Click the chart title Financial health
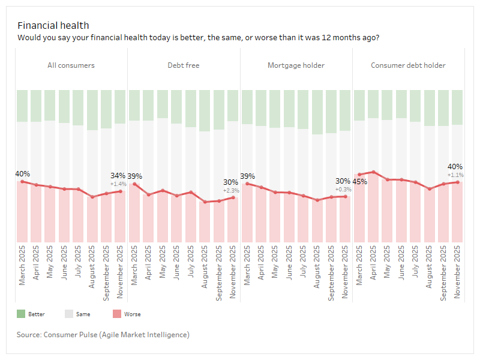pyautogui.click(x=53, y=25)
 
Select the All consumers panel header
pyautogui.click(x=71, y=65)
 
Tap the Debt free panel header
pyautogui.click(x=184, y=65)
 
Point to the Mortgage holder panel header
pyautogui.click(x=296, y=65)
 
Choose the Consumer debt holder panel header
pyautogui.click(x=408, y=65)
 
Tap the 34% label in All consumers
pyautogui.click(x=118, y=176)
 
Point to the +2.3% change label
pyautogui.click(x=231, y=190)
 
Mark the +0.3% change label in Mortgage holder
pyautogui.click(x=343, y=189)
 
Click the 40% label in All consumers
pyautogui.click(x=23, y=174)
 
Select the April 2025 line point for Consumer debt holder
pyautogui.click(x=374, y=172)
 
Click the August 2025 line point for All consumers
pyautogui.click(x=92, y=197)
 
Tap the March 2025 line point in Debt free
pyautogui.click(x=134, y=184)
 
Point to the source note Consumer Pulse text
pyautogui.click(x=103, y=334)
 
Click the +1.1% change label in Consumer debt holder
pyautogui.click(x=455, y=175)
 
